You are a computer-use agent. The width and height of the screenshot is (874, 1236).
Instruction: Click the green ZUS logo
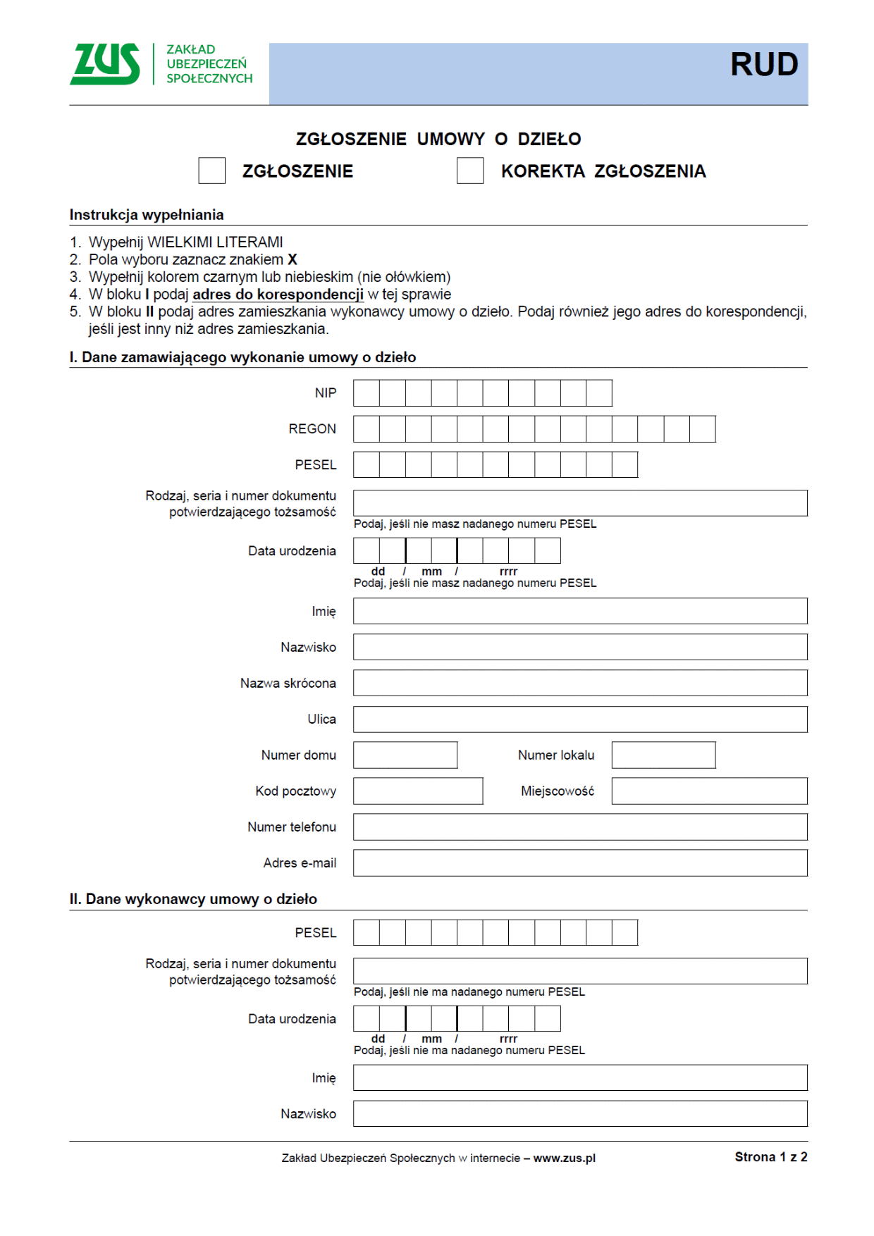pyautogui.click(x=106, y=64)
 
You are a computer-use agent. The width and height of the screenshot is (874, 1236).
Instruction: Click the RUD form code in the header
pyautogui.click(x=763, y=65)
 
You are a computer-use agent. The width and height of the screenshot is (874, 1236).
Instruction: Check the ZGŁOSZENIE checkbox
pyautogui.click(x=211, y=171)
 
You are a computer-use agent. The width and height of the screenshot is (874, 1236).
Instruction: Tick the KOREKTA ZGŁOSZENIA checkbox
pyautogui.click(x=469, y=171)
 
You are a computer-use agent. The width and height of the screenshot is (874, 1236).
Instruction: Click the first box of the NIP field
pyautogui.click(x=366, y=393)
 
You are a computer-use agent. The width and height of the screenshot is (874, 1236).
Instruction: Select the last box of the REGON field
pyautogui.click(x=702, y=428)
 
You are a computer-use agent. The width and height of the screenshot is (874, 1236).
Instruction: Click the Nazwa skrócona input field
pyautogui.click(x=579, y=683)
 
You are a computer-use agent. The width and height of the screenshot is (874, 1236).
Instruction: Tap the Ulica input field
pyautogui.click(x=579, y=719)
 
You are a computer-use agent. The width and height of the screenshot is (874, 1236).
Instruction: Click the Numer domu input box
pyautogui.click(x=405, y=755)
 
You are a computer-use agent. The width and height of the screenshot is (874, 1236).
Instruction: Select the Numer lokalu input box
pyautogui.click(x=663, y=755)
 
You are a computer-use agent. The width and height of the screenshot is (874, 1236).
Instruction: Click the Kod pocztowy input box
pyautogui.click(x=417, y=791)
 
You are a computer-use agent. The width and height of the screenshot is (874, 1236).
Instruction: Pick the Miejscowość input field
pyautogui.click(x=709, y=791)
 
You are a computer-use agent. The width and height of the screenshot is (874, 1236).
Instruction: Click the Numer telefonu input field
pyautogui.click(x=579, y=827)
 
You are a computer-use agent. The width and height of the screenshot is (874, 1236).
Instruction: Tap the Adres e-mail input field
pyautogui.click(x=579, y=863)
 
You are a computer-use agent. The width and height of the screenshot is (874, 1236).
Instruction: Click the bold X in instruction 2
pyautogui.click(x=293, y=259)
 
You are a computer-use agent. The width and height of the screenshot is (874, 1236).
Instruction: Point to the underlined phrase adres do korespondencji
pyautogui.click(x=278, y=295)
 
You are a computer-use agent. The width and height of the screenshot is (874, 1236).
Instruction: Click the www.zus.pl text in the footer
pyautogui.click(x=564, y=1158)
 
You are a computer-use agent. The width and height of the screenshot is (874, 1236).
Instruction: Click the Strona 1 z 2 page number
pyautogui.click(x=770, y=1157)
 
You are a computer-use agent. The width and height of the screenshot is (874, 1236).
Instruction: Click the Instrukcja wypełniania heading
pyautogui.click(x=146, y=215)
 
